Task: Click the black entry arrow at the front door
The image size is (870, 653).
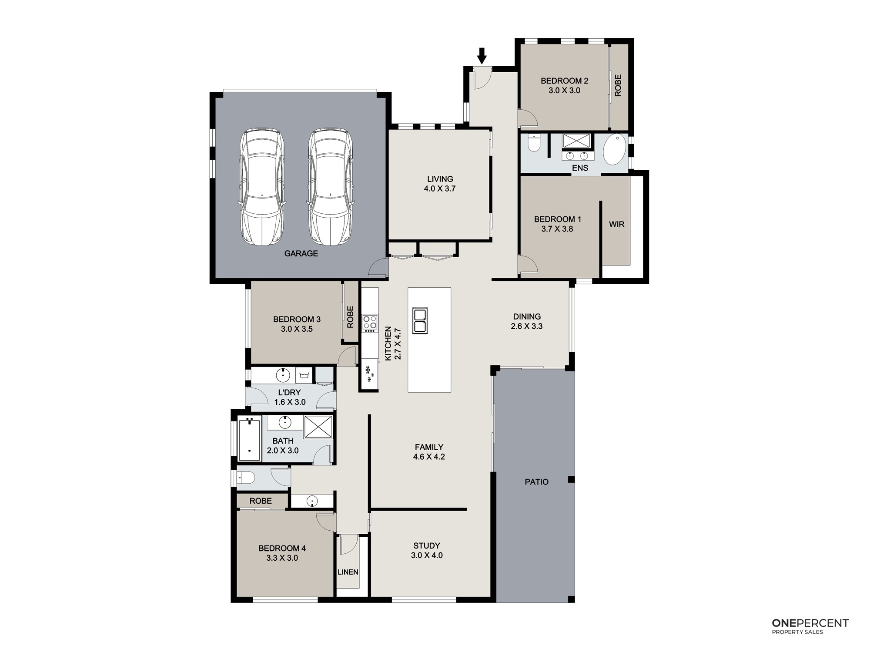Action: [482, 56]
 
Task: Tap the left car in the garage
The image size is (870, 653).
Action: [262, 187]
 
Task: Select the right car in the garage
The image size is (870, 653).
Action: [330, 187]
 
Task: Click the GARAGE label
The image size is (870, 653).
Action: [301, 253]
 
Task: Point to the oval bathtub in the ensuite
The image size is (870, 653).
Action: [615, 149]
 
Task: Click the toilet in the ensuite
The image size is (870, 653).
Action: [534, 144]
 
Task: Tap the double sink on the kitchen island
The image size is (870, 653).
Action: [420, 320]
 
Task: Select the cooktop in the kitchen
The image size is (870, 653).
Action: [370, 324]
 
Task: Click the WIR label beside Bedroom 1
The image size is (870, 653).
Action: [616, 225]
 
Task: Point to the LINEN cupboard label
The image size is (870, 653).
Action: [348, 572]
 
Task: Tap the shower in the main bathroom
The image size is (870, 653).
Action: [318, 427]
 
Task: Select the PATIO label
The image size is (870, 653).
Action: [536, 482]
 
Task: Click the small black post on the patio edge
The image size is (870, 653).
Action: [571, 479]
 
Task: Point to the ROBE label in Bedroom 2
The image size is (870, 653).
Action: [618, 85]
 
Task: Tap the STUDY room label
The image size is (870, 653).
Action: [427, 545]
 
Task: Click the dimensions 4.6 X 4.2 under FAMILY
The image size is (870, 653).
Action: [429, 457]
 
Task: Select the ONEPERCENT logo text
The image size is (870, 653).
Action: [810, 623]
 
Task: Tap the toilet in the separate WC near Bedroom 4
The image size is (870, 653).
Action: [246, 478]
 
